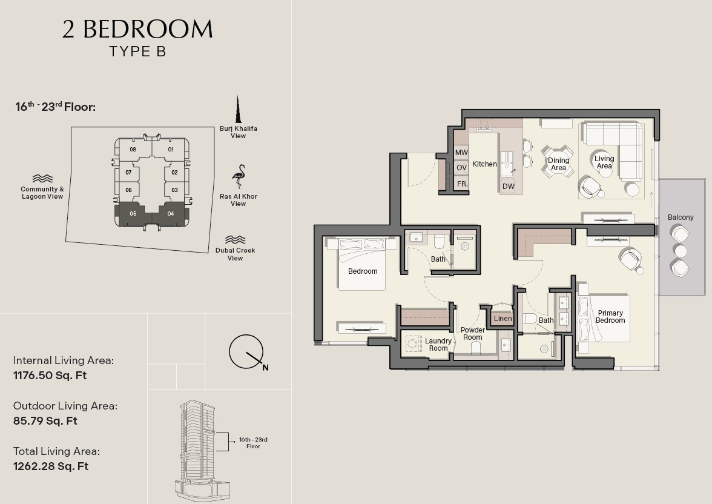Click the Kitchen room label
click(x=484, y=164)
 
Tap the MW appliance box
click(x=461, y=153)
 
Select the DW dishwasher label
click(x=509, y=187)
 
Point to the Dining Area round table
click(x=558, y=162)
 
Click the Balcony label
click(x=681, y=217)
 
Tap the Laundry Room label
click(x=438, y=345)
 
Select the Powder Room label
click(x=473, y=334)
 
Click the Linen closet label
click(x=503, y=319)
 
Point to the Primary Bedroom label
click(x=610, y=317)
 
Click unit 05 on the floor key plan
click(x=133, y=214)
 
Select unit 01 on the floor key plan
click(x=171, y=150)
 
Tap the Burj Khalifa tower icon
click(x=237, y=110)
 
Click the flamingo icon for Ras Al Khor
click(x=239, y=177)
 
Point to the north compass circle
click(x=246, y=352)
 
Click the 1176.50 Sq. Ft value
click(x=50, y=376)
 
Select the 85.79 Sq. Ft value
click(x=45, y=421)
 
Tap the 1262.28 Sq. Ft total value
click(x=51, y=466)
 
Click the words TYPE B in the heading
click(x=137, y=51)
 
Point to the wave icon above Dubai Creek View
click(x=235, y=239)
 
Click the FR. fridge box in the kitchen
click(x=462, y=184)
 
